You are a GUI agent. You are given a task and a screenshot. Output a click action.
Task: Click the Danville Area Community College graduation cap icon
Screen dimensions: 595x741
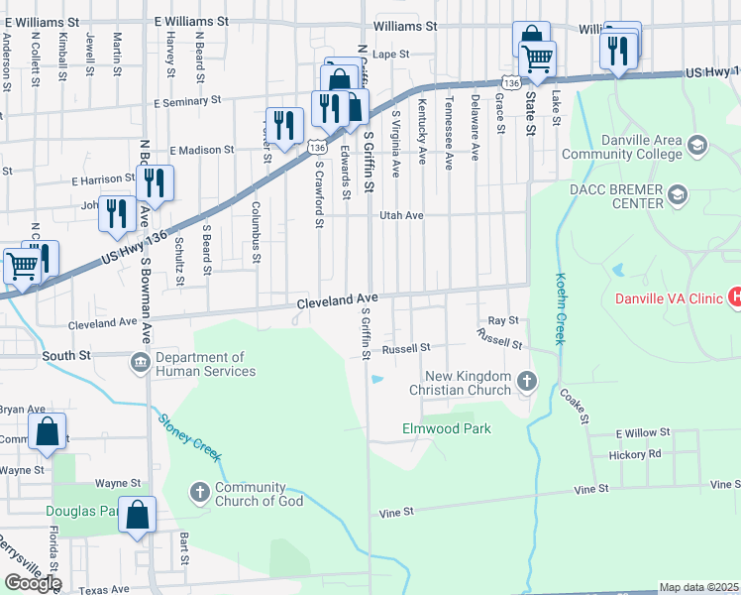coord(697,147)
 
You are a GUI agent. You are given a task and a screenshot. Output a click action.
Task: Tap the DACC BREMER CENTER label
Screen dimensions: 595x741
coord(626,197)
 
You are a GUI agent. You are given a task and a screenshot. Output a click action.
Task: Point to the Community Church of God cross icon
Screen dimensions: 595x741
coord(199,492)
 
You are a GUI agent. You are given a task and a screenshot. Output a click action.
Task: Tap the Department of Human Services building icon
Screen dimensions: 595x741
coord(140,364)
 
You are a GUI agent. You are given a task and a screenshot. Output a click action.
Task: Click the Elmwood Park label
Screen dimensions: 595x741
coord(446,429)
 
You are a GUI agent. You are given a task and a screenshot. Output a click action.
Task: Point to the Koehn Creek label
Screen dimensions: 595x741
coord(560,308)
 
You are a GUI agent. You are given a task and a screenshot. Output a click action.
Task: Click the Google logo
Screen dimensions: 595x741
coord(33,583)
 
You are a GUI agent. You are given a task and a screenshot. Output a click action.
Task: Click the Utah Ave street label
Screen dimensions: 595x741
coord(402,215)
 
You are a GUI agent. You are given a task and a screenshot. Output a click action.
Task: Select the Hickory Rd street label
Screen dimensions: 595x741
coord(637,454)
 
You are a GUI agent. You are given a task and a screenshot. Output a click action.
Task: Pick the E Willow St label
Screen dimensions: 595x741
coord(643,434)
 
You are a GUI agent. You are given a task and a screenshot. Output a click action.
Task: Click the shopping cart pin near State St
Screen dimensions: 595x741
coord(537,59)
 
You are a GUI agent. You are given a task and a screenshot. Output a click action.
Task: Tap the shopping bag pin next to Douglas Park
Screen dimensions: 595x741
coord(138,515)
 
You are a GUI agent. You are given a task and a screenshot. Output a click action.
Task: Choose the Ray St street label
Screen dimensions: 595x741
coord(504,321)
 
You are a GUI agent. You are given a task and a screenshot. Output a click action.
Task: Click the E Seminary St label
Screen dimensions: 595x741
coord(187,101)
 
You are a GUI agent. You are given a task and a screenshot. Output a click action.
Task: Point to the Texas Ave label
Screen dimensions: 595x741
coord(104,590)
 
